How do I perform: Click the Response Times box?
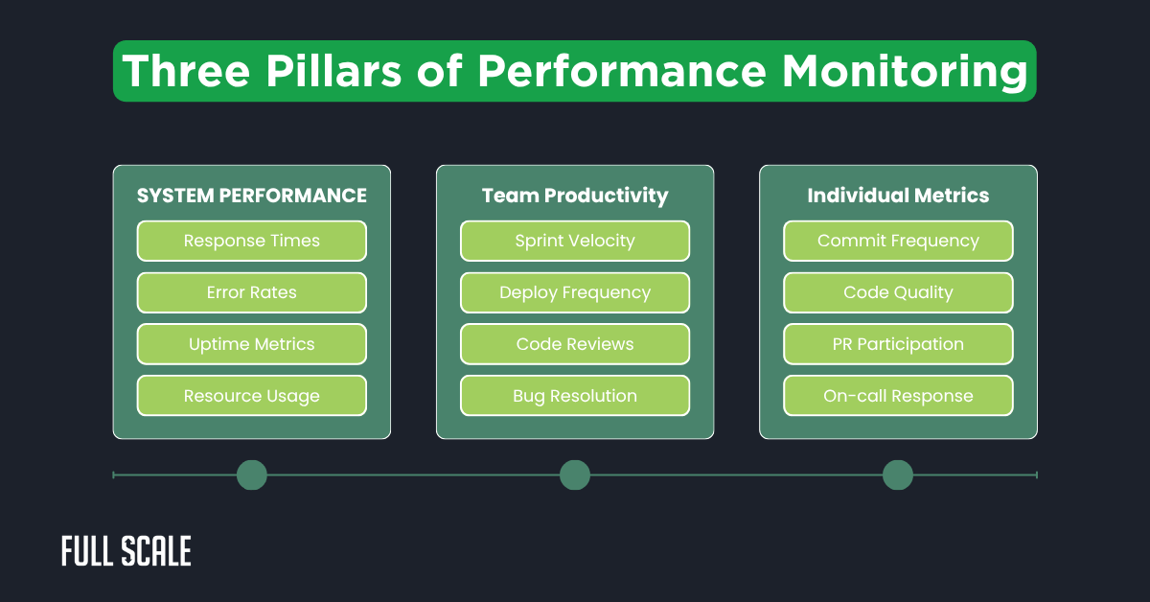point(251,241)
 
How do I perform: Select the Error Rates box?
point(251,292)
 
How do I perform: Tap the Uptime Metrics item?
point(251,344)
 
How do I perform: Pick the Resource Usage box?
point(251,396)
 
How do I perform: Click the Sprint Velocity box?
point(574,241)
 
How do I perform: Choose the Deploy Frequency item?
point(574,292)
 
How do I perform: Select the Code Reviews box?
point(574,344)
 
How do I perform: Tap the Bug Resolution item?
point(574,396)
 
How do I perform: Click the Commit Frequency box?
point(898,241)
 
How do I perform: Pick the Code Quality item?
point(898,292)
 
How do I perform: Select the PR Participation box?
point(898,344)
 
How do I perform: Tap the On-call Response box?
point(898,396)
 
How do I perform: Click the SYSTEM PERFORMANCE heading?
point(251,196)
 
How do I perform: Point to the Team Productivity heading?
point(574,196)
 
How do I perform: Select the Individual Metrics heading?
point(898,196)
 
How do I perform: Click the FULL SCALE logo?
point(126,551)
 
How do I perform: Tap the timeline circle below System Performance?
point(251,475)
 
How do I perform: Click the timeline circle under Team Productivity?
point(574,475)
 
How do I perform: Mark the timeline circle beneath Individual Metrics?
point(898,475)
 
